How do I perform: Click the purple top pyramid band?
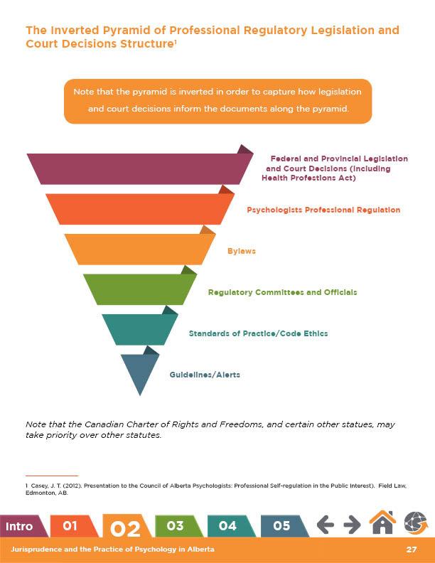(x=139, y=169)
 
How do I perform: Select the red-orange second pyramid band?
(x=139, y=210)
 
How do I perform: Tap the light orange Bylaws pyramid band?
(x=139, y=250)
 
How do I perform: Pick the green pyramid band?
(x=139, y=289)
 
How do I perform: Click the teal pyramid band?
(x=139, y=328)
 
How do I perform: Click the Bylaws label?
(x=241, y=252)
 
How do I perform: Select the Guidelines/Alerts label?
(x=205, y=374)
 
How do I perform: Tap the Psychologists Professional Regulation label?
(x=323, y=210)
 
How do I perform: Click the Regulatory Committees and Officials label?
(x=282, y=292)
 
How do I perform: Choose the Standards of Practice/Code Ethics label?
(x=258, y=333)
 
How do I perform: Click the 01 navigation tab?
(x=70, y=526)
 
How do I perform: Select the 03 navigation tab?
(x=175, y=526)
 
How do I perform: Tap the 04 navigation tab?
(x=227, y=526)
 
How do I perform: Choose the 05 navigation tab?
(x=281, y=526)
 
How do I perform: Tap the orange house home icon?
(x=382, y=525)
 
